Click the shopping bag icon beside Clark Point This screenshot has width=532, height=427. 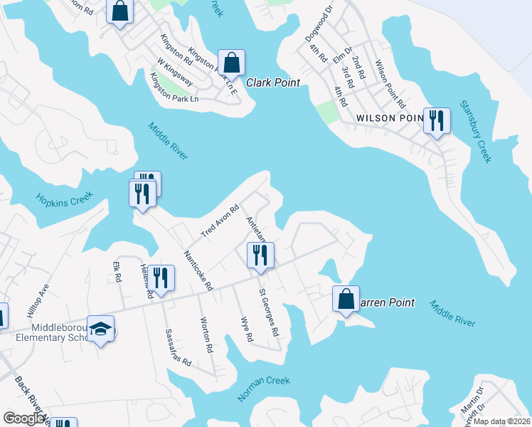pyautogui.click(x=232, y=62)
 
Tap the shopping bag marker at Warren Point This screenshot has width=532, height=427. pyautogui.click(x=346, y=299)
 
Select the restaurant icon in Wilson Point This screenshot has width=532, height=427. pyautogui.click(x=436, y=120)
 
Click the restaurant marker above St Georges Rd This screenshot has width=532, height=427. pyautogui.click(x=260, y=255)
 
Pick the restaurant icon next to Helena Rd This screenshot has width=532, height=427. pyautogui.click(x=161, y=278)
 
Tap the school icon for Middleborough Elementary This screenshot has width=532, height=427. pyautogui.click(x=101, y=328)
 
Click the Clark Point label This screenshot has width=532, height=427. pyautogui.click(x=273, y=83)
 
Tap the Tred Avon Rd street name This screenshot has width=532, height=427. pyautogui.click(x=218, y=222)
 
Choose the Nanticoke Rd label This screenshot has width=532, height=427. pyautogui.click(x=198, y=270)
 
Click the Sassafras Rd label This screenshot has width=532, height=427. pyautogui.click(x=179, y=347)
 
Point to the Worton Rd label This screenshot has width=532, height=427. pyautogui.click(x=206, y=335)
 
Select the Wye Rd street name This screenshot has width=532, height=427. pyautogui.click(x=247, y=330)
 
